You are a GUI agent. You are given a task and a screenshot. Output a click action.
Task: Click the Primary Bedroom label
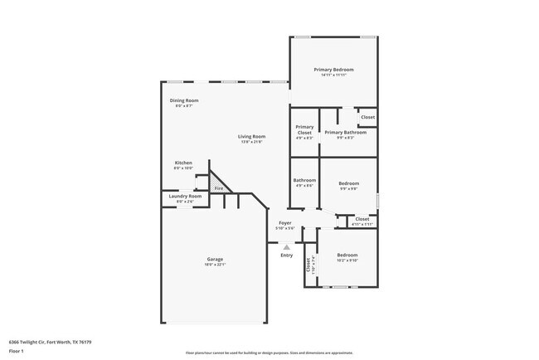coord(333,69)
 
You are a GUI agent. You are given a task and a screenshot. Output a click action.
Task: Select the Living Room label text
coord(251,136)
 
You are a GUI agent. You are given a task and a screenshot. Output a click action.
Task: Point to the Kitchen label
coord(183,163)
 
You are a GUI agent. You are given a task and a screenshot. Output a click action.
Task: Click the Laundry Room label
coord(185,196)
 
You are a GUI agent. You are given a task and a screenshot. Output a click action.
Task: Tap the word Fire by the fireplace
coord(219,188)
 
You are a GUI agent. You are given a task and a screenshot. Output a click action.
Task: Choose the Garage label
coord(215,259)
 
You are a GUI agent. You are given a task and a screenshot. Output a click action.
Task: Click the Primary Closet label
coord(304,129)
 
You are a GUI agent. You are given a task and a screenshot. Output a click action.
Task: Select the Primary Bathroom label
coord(345,132)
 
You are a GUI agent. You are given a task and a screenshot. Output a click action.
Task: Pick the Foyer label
coord(284,222)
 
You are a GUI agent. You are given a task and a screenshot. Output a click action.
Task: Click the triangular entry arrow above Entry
coord(286,246)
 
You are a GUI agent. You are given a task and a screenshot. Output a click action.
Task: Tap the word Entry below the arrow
coord(286,255)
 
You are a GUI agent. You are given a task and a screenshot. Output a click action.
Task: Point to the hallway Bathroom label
coord(304,180)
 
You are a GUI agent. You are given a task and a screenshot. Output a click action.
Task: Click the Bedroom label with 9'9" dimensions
coord(348,183)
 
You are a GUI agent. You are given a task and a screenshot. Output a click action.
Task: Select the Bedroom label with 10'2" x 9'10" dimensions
coord(347,255)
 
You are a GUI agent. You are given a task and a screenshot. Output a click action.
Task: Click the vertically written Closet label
coord(308,265)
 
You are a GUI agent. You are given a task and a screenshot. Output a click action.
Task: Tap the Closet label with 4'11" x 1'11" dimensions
coord(362,219)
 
